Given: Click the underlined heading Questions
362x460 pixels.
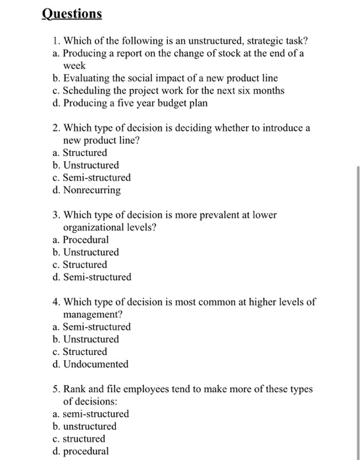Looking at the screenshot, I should tap(72, 13).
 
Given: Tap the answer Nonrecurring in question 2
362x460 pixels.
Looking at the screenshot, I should tap(91, 190).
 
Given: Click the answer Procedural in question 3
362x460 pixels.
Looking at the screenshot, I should tap(86, 240).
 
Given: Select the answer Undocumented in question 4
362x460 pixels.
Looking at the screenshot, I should tap(95, 364).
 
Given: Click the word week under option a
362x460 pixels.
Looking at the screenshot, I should tap(74, 66).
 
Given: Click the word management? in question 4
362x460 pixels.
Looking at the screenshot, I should tap(91, 314).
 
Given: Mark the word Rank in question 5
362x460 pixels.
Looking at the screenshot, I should tap(74, 389).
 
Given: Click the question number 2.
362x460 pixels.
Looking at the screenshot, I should tap(55, 128).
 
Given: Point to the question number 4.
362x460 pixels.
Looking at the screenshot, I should tap(55, 302).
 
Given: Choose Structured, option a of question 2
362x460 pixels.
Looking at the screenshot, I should tap(84, 152).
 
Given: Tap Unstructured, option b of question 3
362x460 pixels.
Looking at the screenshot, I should tap(91, 252).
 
